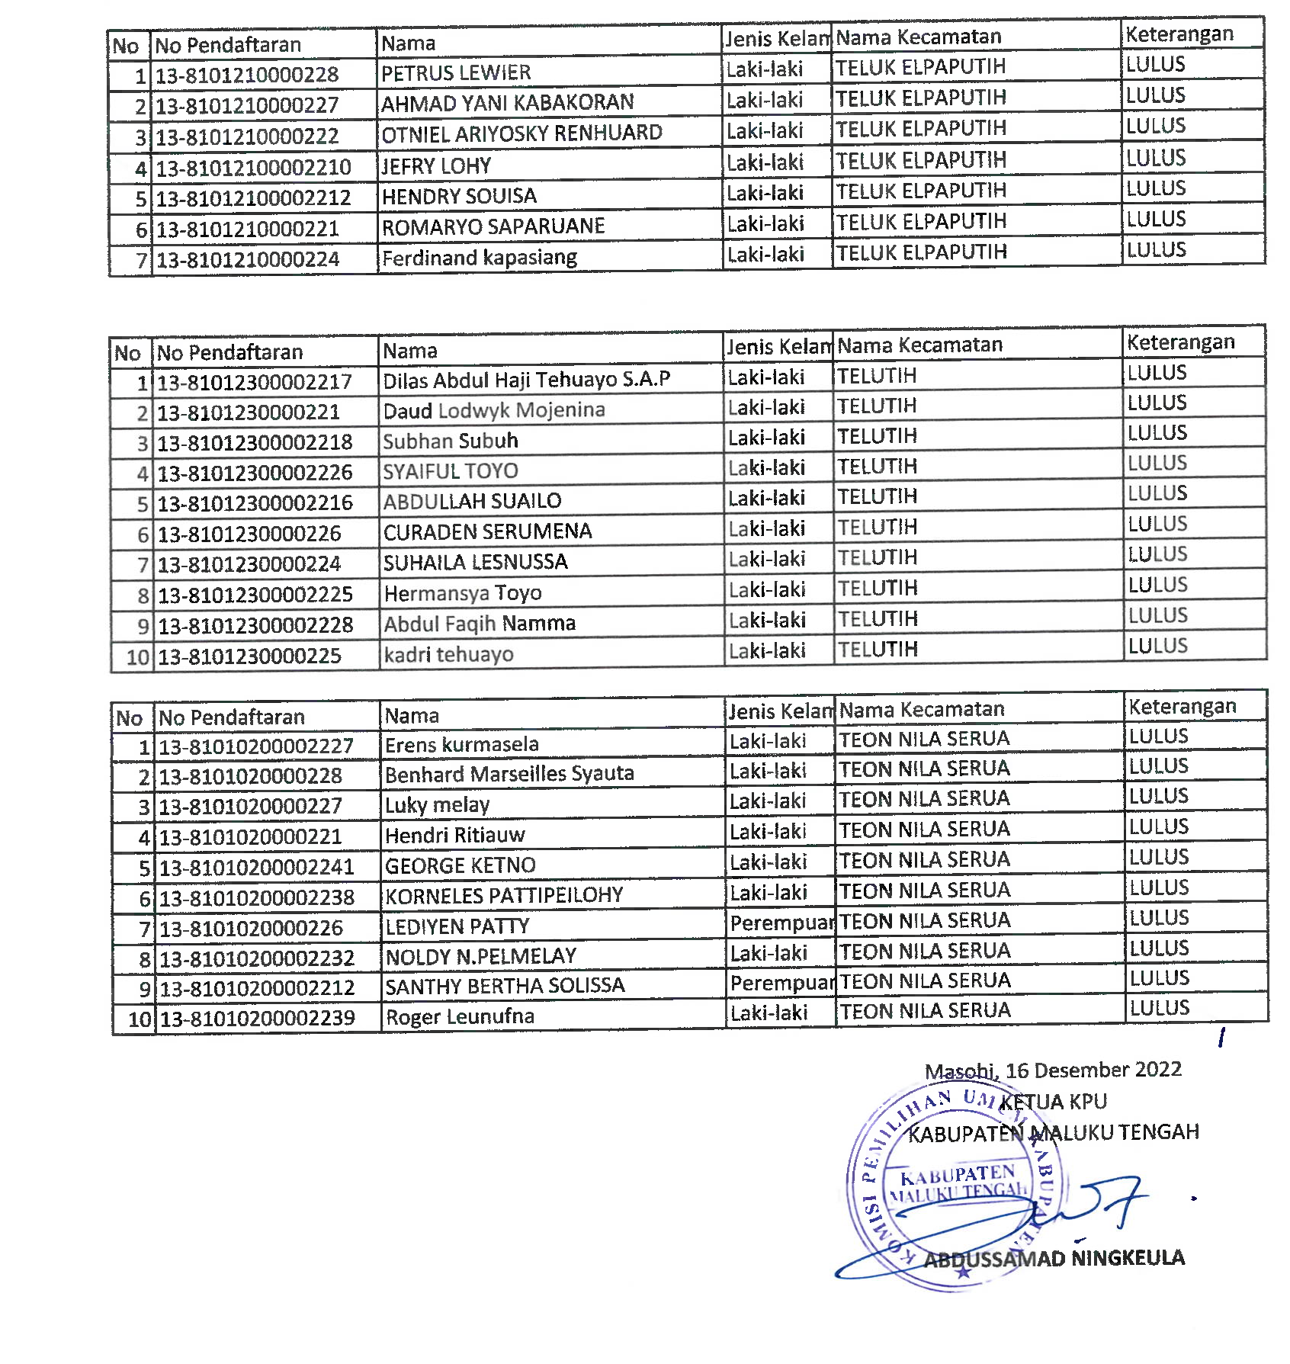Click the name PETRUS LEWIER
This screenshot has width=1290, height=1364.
click(x=456, y=73)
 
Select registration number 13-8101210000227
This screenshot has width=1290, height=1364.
click(x=247, y=105)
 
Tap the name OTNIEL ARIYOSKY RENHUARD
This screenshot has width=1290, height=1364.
click(x=521, y=133)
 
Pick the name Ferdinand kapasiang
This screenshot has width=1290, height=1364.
click(x=479, y=258)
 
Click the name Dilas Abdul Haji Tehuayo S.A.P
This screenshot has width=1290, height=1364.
click(x=526, y=380)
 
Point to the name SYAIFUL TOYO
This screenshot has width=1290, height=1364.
click(x=450, y=471)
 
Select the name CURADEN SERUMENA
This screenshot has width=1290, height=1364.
click(x=487, y=531)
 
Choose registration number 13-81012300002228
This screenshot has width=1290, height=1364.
click(x=255, y=625)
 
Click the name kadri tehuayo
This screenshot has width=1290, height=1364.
click(x=448, y=654)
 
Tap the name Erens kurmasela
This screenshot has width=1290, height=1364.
click(x=461, y=744)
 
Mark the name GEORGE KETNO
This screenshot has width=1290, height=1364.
click(x=460, y=865)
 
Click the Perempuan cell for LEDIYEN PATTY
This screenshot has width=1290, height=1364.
click(x=781, y=923)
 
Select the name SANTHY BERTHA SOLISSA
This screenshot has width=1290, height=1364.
click(x=505, y=986)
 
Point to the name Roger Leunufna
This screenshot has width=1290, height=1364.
click(x=460, y=1016)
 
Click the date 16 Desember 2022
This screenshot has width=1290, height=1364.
click(x=1093, y=1070)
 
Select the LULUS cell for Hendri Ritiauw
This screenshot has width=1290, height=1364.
click(x=1159, y=826)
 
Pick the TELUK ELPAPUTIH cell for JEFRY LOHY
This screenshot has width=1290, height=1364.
click(x=921, y=160)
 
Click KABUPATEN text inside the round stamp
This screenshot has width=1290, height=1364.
click(x=958, y=1175)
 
